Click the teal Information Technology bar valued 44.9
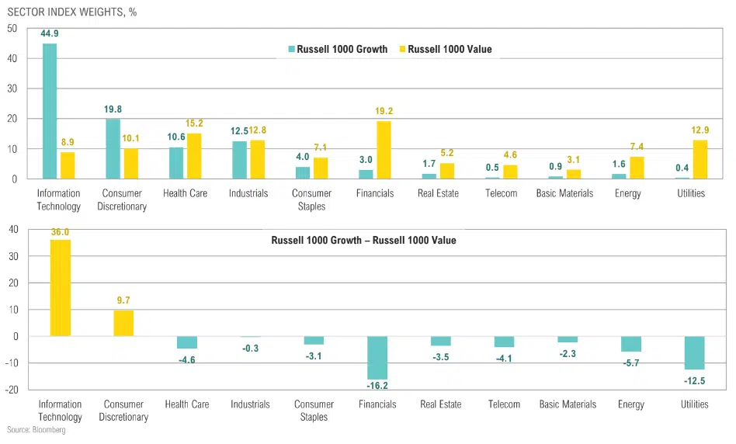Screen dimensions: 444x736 click(50, 111)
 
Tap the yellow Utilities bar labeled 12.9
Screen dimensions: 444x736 click(700, 159)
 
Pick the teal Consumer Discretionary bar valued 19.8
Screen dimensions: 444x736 click(113, 148)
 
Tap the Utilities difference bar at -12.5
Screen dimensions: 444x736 click(693, 352)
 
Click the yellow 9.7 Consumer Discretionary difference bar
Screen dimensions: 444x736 click(124, 323)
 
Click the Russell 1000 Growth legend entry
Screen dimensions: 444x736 click(337, 49)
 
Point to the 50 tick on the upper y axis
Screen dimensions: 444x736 click(12, 29)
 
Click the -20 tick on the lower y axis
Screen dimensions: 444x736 click(10, 389)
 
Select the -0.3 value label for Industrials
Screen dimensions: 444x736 click(250, 349)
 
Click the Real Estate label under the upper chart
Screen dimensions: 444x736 click(440, 193)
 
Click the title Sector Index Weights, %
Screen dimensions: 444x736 click(71, 12)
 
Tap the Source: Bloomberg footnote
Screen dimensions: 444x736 click(36, 430)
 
